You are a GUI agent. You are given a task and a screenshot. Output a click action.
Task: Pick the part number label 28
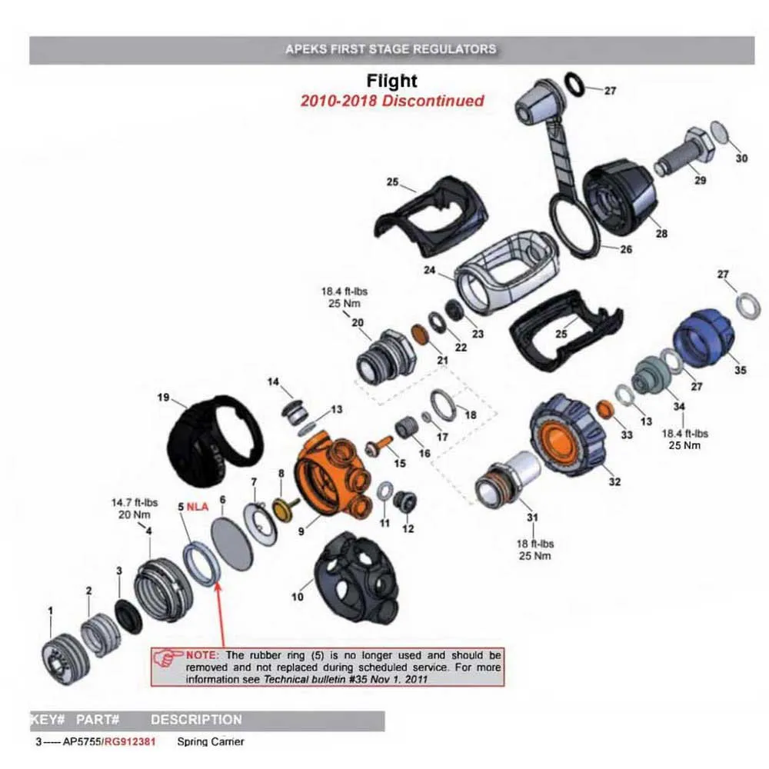click(661, 234)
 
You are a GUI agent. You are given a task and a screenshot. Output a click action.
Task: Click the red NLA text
click(198, 507)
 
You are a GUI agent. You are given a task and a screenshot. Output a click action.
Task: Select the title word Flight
click(391, 81)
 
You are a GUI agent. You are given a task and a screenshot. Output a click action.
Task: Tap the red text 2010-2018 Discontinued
click(392, 101)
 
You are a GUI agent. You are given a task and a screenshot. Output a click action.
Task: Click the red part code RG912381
click(131, 742)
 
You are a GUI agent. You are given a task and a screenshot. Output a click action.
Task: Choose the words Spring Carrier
click(211, 742)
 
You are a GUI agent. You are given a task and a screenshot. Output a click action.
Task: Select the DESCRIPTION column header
click(196, 721)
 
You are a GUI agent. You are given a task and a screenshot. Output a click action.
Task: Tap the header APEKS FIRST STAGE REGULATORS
click(391, 48)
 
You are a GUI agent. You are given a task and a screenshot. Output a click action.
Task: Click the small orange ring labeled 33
click(604, 408)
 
